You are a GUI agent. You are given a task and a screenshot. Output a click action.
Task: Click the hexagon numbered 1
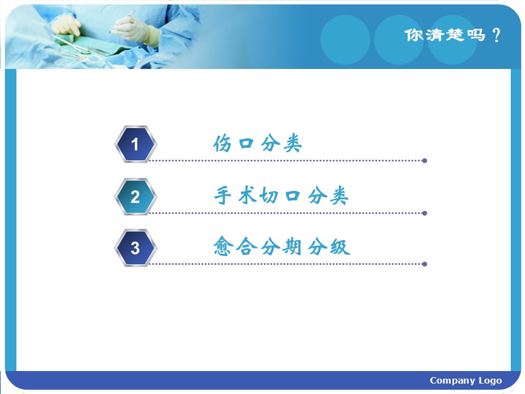[x=135, y=144]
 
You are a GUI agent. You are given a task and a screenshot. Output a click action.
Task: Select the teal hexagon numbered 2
[x=135, y=196]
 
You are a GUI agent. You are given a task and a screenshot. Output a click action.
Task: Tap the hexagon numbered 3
[x=135, y=248]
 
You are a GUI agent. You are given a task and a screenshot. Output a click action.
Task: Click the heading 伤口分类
[x=258, y=143]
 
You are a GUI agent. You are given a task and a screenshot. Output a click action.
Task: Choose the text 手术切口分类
[x=281, y=195]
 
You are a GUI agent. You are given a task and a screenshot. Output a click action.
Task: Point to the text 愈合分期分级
[x=282, y=246]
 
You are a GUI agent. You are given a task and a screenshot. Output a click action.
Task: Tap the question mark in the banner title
[x=497, y=35]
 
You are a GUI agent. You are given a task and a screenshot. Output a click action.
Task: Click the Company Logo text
[x=466, y=381]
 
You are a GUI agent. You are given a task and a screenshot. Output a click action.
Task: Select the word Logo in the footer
[x=490, y=381]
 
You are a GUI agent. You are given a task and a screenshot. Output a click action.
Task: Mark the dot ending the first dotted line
[x=424, y=161]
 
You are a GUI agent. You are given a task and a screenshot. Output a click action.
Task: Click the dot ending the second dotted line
[x=424, y=213]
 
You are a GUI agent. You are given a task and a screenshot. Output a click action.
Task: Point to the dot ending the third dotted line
[x=424, y=264]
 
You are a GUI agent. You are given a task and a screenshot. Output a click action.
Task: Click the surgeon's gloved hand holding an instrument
[x=132, y=27]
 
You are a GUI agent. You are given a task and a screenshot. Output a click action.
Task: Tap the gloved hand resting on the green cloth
[x=66, y=26]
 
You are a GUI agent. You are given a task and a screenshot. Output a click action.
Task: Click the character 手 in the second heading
[x=223, y=195]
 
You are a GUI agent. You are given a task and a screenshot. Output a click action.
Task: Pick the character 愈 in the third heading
[x=223, y=246]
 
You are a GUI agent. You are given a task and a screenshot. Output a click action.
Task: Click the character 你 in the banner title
[x=414, y=35]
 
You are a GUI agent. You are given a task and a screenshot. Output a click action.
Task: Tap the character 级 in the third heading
[x=340, y=247]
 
